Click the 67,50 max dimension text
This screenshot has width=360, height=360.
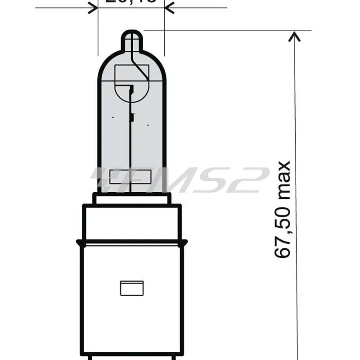click(x=283, y=209)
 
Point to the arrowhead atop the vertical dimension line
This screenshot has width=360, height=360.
click(x=294, y=36)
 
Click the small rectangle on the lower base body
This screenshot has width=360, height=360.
click(x=132, y=288)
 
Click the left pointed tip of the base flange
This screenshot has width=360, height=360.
click(x=77, y=243)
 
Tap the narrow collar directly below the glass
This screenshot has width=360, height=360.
click(x=132, y=198)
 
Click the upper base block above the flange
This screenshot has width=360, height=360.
click(x=132, y=223)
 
